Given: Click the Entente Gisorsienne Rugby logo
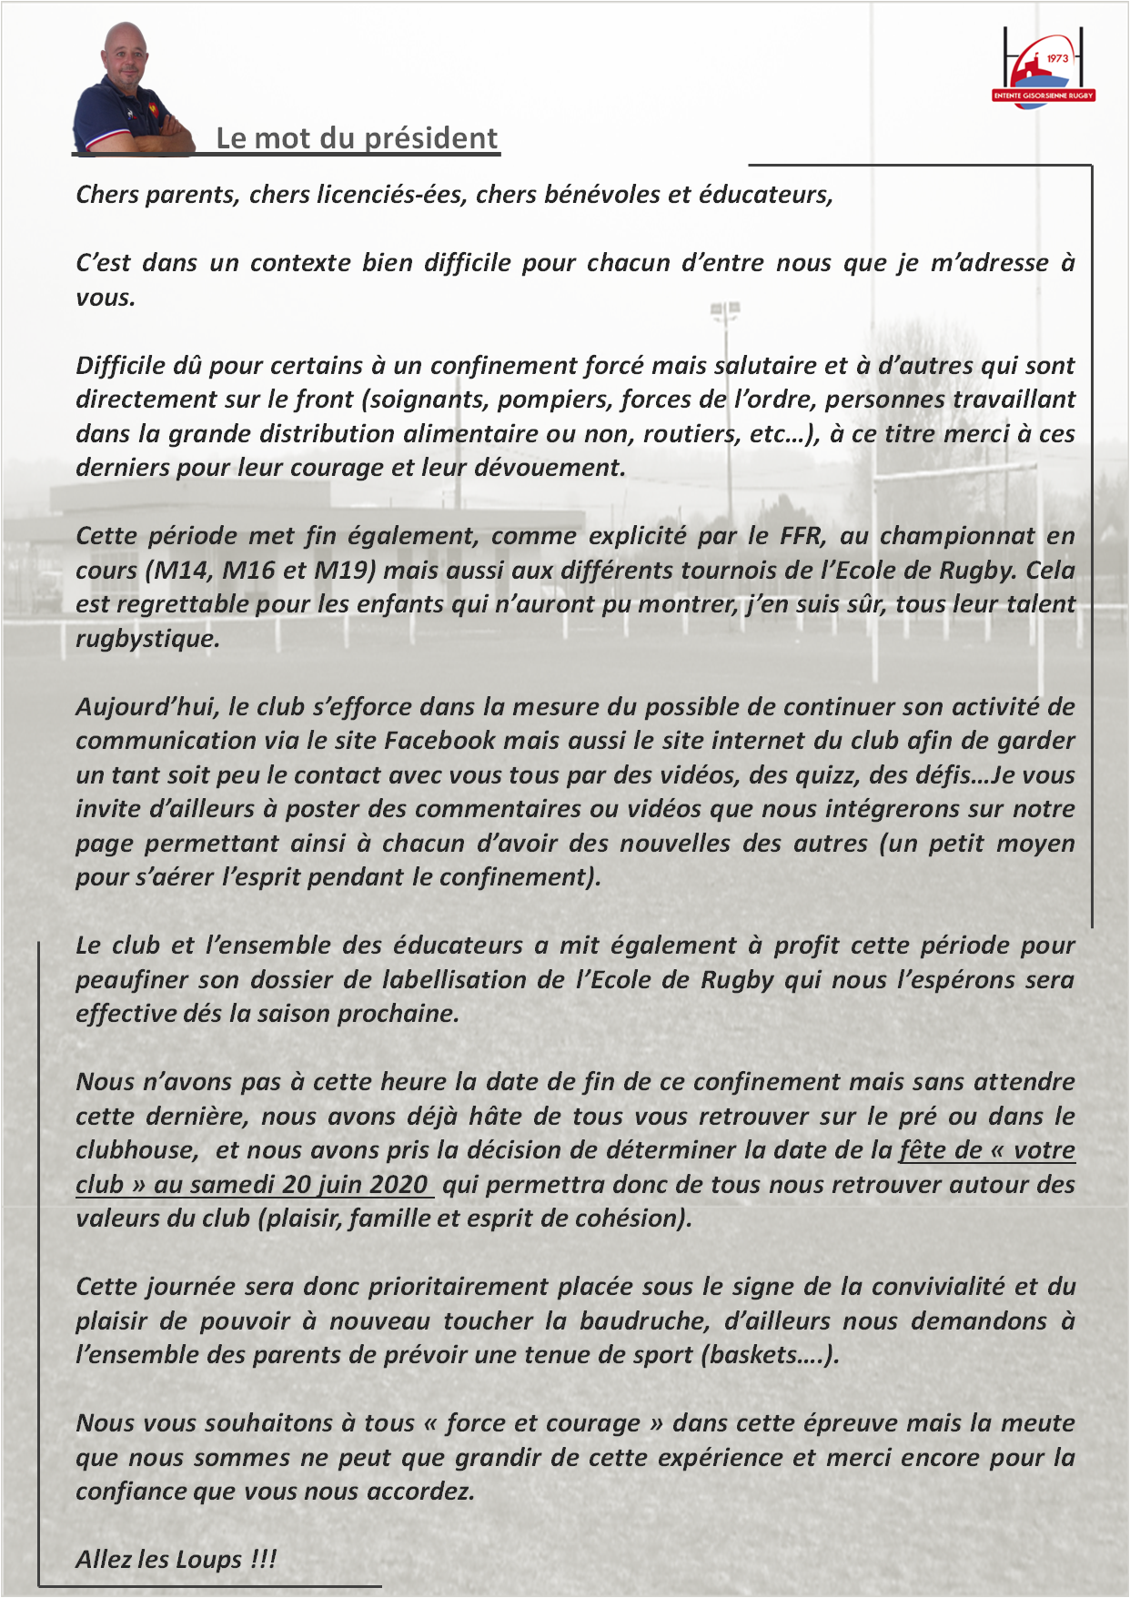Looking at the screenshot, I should click(1043, 69).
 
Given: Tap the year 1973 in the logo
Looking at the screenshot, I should click(1057, 58).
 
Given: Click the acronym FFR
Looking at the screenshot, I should click(802, 536).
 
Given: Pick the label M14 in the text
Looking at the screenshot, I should click(181, 571).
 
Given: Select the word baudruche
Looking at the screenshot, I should click(646, 1321).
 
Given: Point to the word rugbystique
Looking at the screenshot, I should click(147, 639).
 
